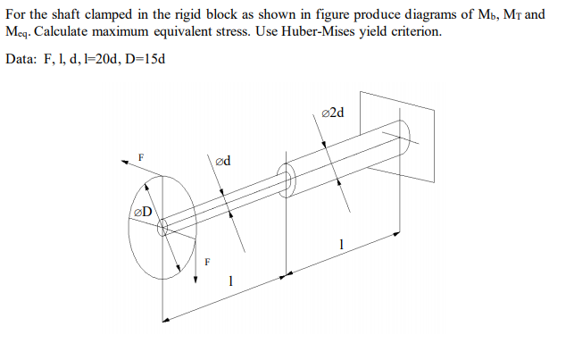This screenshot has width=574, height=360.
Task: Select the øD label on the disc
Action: pyautogui.click(x=142, y=212)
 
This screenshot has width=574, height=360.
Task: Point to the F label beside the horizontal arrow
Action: pyautogui.click(x=139, y=157)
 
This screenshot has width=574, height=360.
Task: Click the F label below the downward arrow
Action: pyautogui.click(x=208, y=263)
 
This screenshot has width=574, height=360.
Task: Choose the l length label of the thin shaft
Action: pyautogui.click(x=230, y=280)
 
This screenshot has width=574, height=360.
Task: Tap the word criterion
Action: pyautogui.click(x=410, y=30)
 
